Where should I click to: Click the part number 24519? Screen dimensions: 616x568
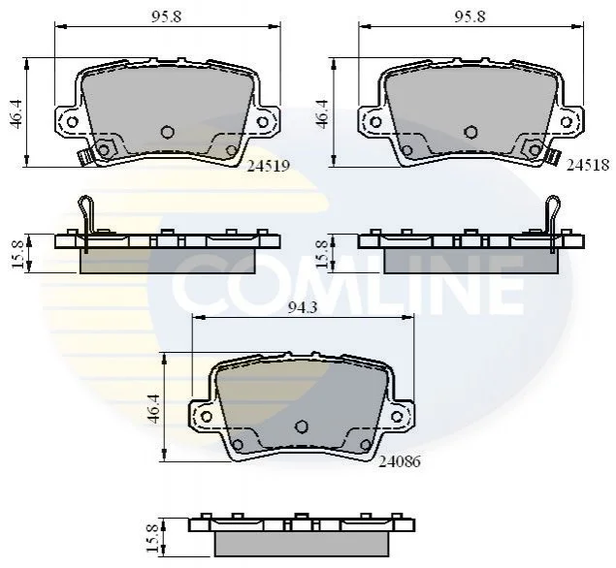(x=269, y=166)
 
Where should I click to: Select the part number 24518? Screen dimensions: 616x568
(x=588, y=165)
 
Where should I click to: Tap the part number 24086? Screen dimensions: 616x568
(x=399, y=461)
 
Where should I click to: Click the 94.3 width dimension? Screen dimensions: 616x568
(x=303, y=307)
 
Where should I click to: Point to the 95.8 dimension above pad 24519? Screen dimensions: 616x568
(x=167, y=16)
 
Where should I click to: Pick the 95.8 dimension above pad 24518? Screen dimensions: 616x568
(x=470, y=16)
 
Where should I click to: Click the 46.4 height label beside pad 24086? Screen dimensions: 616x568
(x=153, y=409)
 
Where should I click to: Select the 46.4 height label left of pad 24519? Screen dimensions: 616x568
(x=16, y=113)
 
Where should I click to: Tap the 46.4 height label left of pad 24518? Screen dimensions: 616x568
(x=322, y=113)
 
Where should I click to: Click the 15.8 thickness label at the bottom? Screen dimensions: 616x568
(x=152, y=538)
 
